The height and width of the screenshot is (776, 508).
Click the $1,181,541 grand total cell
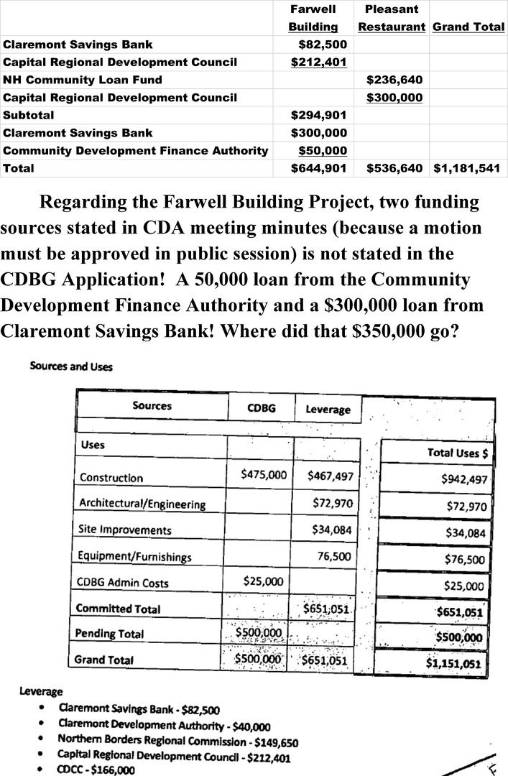tap(469, 169)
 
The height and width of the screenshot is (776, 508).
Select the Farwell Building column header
tap(313, 18)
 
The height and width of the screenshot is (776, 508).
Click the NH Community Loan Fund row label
tap(83, 80)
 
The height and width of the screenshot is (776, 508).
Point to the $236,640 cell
tap(394, 80)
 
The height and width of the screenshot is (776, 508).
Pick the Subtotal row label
tap(29, 115)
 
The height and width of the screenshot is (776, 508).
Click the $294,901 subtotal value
tap(319, 115)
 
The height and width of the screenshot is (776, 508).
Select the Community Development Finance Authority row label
tap(136, 151)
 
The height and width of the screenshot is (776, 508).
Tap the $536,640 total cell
tap(394, 169)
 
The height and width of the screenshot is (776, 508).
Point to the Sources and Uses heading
tap(71, 366)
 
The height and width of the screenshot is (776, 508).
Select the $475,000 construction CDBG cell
tap(264, 474)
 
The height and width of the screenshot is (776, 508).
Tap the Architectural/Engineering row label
tap(142, 504)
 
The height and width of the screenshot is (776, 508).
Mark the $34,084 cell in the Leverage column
tap(332, 530)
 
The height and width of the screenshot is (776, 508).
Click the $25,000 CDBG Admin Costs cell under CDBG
tap(264, 581)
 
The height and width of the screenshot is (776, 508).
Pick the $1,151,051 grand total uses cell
tap(454, 663)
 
